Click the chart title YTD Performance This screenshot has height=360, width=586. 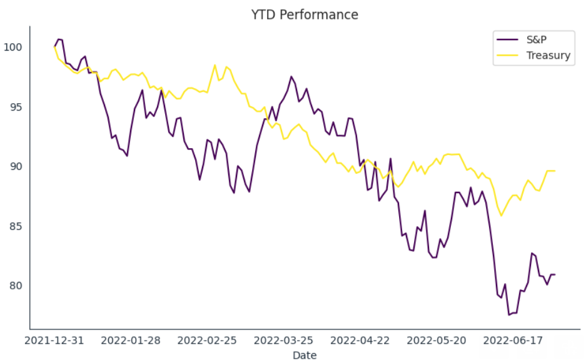(x=305, y=15)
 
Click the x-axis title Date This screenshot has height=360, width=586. (x=305, y=355)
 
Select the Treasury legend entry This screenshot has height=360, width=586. (x=548, y=55)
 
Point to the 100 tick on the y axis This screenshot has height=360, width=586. (x=13, y=47)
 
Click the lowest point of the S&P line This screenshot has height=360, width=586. (x=509, y=314)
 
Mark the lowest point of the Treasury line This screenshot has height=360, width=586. (x=501, y=216)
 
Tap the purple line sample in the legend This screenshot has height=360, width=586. (x=507, y=39)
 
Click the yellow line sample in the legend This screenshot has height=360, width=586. (x=507, y=55)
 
